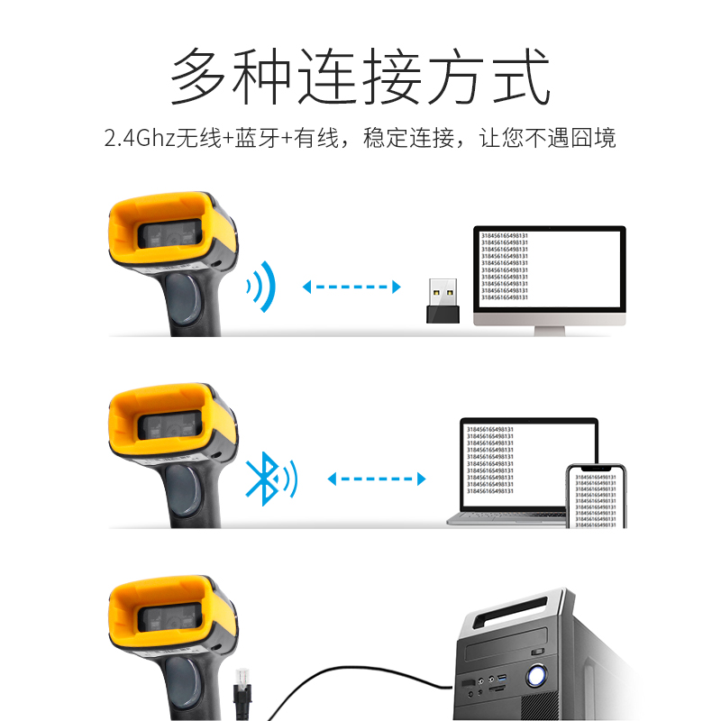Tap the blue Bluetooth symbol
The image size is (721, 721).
click(x=261, y=479)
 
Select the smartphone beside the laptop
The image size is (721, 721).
click(x=595, y=497)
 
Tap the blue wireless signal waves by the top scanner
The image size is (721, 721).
click(x=261, y=287)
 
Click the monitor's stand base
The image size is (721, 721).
click(x=551, y=331)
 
